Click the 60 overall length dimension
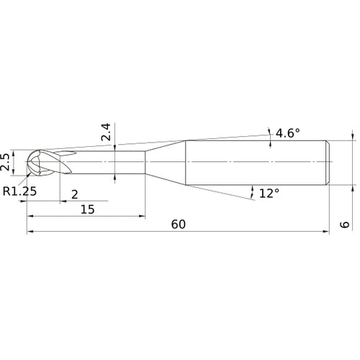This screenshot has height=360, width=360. click(179, 224)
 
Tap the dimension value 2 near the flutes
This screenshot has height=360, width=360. click(75, 194)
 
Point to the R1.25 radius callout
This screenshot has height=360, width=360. click(19, 191)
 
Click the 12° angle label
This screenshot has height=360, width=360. click(269, 193)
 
